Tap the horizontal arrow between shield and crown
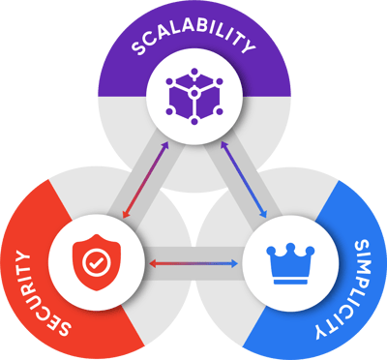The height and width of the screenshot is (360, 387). tap(193, 262)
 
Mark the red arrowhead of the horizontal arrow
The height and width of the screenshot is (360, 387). tap(151, 262)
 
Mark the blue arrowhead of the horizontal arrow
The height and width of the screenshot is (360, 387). tap(235, 262)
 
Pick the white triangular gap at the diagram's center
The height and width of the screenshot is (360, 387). tap(193, 208)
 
